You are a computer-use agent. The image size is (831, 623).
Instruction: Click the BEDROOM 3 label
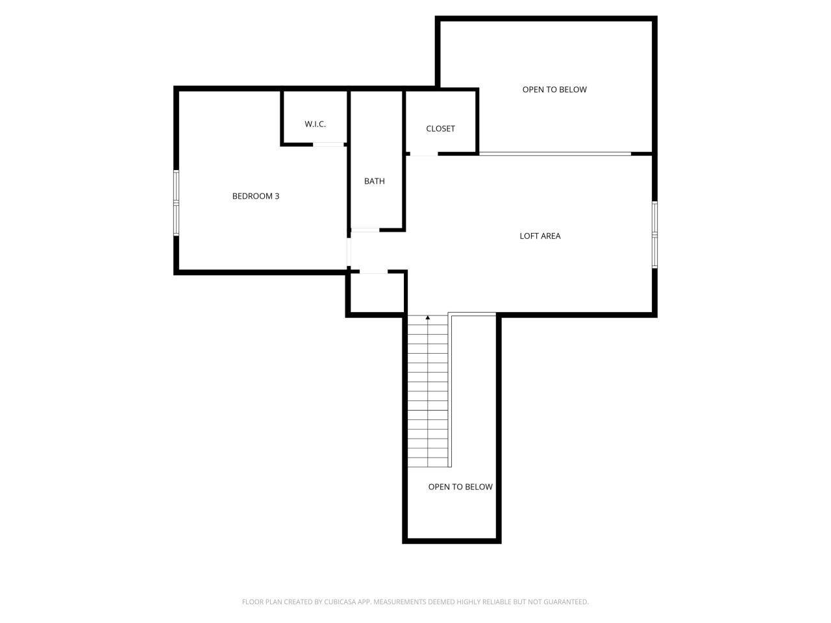coord(256,196)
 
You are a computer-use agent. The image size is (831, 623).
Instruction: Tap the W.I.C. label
coord(316,124)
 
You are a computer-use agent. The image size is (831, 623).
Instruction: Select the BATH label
coord(375,181)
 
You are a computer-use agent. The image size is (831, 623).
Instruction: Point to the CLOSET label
coord(441,128)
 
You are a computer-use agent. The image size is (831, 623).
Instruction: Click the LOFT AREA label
coord(540,236)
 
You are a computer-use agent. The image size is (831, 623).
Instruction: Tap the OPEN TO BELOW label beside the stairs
coord(460,487)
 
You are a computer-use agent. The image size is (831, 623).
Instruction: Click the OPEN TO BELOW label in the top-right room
coord(554,90)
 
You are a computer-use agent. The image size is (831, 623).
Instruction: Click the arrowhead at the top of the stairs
coord(428,318)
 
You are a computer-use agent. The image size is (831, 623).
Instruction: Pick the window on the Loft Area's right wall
coord(654,234)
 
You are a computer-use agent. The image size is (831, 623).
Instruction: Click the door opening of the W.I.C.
coord(329,144)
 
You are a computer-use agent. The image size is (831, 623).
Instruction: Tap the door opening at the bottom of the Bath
coord(365,230)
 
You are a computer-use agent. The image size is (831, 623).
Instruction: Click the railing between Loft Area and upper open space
coord(554,154)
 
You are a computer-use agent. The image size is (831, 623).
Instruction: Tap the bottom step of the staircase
coord(428,461)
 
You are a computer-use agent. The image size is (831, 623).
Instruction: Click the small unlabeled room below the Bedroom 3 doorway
coord(376,293)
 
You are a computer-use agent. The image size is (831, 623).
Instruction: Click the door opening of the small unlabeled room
coord(373,273)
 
